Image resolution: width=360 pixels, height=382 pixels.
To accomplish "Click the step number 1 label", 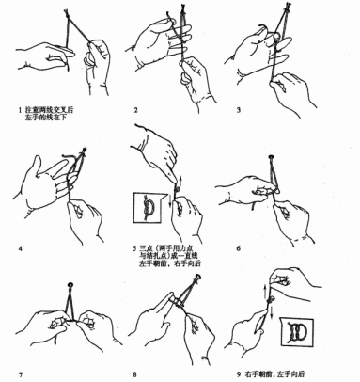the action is [20, 110].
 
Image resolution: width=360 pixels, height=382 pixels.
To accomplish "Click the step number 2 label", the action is [135, 110].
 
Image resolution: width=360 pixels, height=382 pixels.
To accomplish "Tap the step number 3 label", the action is [239, 110].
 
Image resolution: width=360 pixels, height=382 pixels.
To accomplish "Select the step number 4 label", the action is [21, 249].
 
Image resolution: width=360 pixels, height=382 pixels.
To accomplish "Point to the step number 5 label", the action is [135, 249].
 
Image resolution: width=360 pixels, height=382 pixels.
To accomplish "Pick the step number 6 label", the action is [239, 248].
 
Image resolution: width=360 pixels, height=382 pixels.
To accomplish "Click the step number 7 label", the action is [21, 374].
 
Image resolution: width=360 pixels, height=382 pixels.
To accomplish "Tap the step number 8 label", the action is [135, 374].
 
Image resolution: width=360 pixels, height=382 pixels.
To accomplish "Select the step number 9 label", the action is [239, 374].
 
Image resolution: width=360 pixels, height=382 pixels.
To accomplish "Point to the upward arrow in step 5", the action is [180, 182].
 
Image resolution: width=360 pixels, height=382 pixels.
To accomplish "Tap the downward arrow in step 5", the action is [170, 200].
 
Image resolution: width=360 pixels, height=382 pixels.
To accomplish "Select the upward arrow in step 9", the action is [264, 291].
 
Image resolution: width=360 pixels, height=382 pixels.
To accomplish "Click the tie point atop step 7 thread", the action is [70, 285].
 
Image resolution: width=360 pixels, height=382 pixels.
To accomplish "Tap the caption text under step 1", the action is [49, 114].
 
